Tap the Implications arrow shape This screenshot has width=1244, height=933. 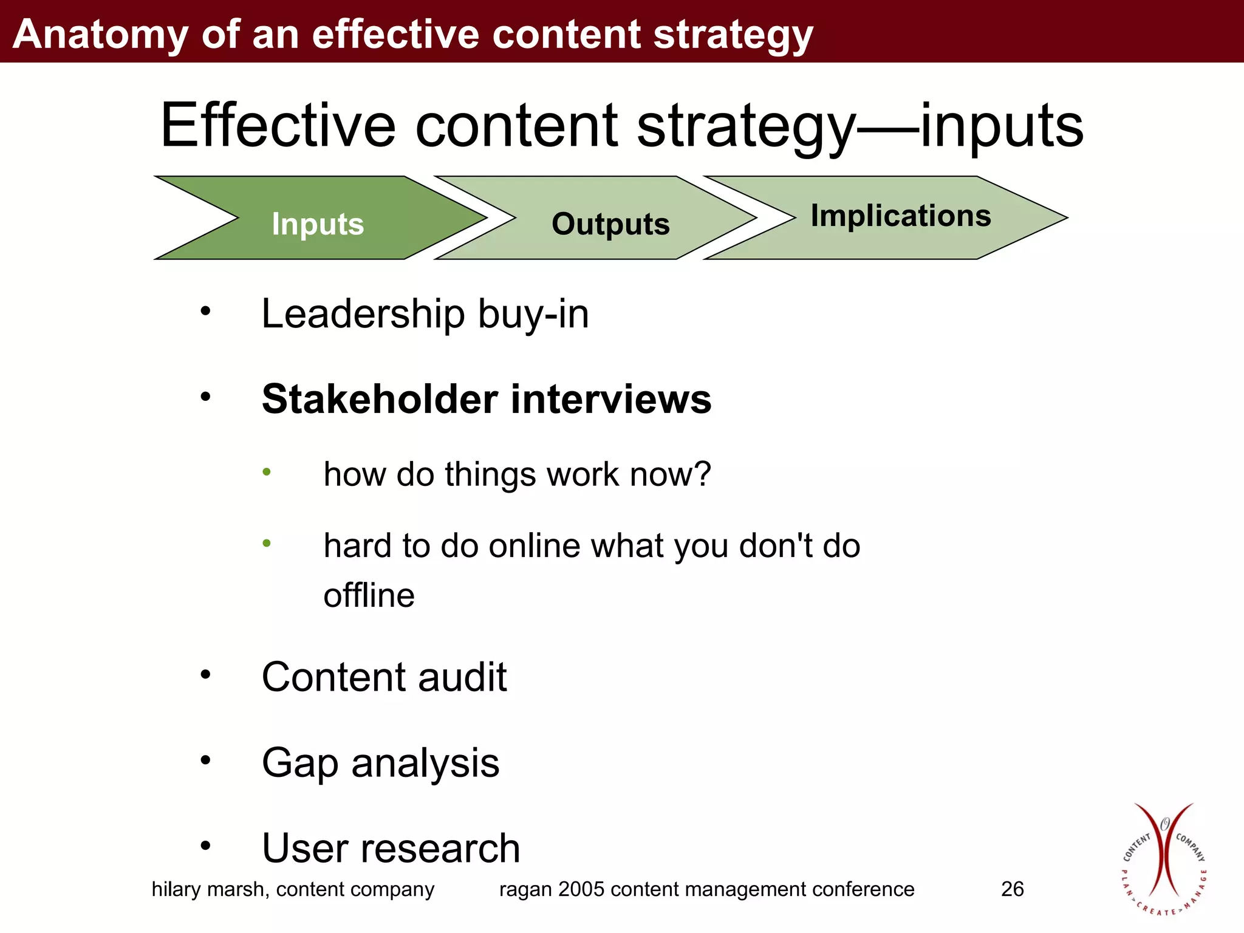coord(900,217)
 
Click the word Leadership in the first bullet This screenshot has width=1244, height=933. coord(363,315)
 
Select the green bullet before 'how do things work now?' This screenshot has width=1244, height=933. coord(267,472)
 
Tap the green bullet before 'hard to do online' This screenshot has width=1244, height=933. coord(267,543)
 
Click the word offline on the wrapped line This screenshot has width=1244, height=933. coord(369,595)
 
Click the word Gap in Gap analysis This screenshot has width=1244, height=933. coord(299,764)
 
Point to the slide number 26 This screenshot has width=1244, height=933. coord(1012,889)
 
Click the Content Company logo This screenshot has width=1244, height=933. coord(1163,858)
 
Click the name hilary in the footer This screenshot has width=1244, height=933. coord(176,889)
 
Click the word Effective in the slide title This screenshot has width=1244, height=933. coord(278,126)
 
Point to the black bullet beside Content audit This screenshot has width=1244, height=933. coord(206,674)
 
